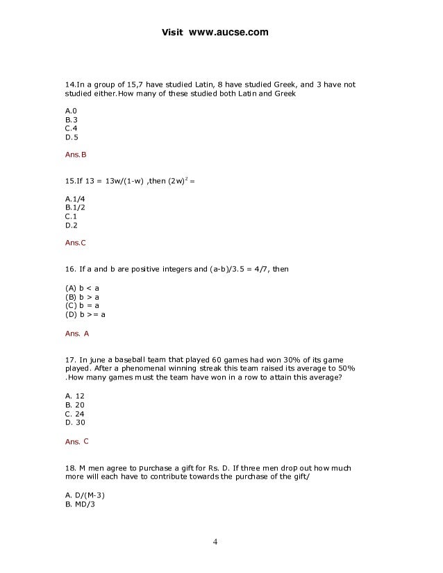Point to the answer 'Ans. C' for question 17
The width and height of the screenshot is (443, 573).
click(77, 441)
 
